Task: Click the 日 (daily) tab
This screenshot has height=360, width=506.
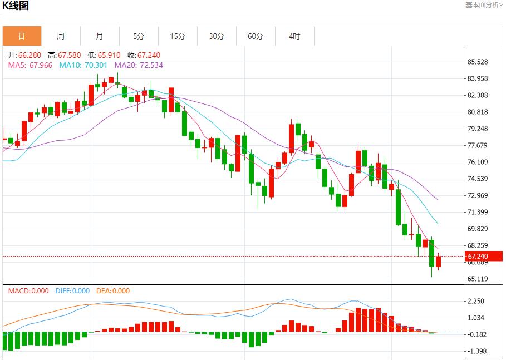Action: [22, 36]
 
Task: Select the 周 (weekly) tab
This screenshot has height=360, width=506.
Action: [61, 36]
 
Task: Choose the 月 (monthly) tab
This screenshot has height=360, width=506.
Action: [100, 36]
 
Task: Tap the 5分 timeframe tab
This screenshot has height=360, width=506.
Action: [139, 36]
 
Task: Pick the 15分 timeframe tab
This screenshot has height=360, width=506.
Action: [178, 36]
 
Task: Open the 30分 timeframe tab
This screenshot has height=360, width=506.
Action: [217, 36]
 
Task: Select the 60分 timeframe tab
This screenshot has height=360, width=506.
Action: [256, 36]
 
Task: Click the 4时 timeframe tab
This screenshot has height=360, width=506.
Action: [294, 36]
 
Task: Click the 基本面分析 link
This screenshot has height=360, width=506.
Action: [484, 5]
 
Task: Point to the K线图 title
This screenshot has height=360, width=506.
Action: [16, 6]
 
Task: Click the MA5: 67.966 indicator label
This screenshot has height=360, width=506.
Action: [30, 65]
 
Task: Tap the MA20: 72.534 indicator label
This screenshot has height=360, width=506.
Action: [139, 65]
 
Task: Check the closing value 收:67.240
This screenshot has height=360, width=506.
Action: [144, 55]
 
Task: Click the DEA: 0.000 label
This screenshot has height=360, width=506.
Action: [113, 291]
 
